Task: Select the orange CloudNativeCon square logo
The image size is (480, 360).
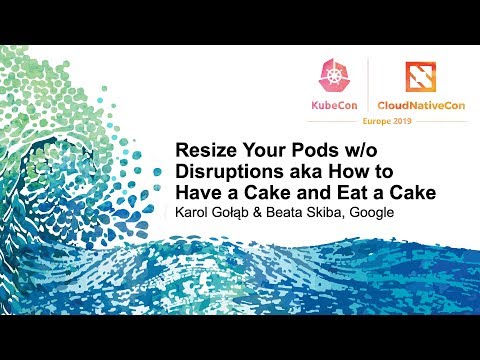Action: pos(421,75)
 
